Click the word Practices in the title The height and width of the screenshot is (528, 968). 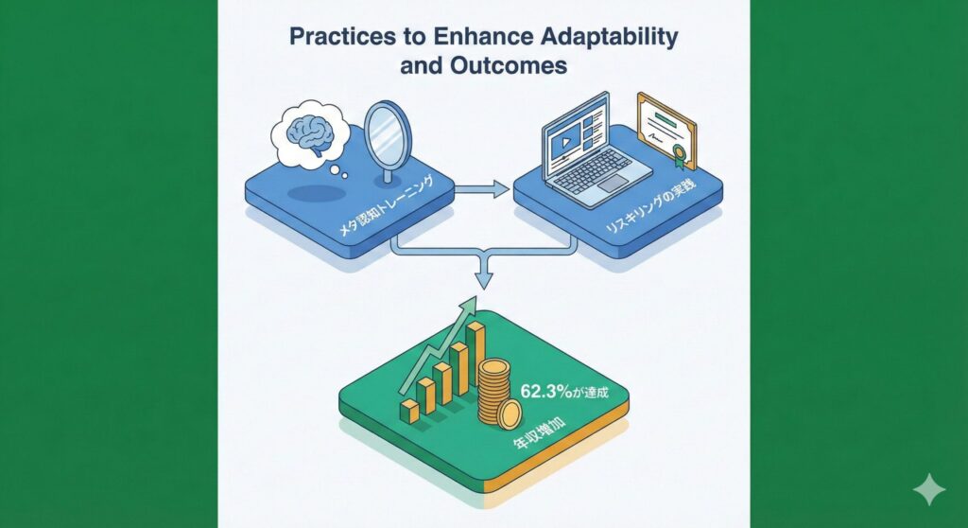(x=342, y=37)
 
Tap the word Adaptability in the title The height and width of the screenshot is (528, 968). (x=610, y=37)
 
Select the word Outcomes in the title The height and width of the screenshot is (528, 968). (x=509, y=65)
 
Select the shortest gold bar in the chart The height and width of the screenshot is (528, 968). (x=409, y=412)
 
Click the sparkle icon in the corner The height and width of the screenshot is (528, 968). (x=929, y=489)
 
